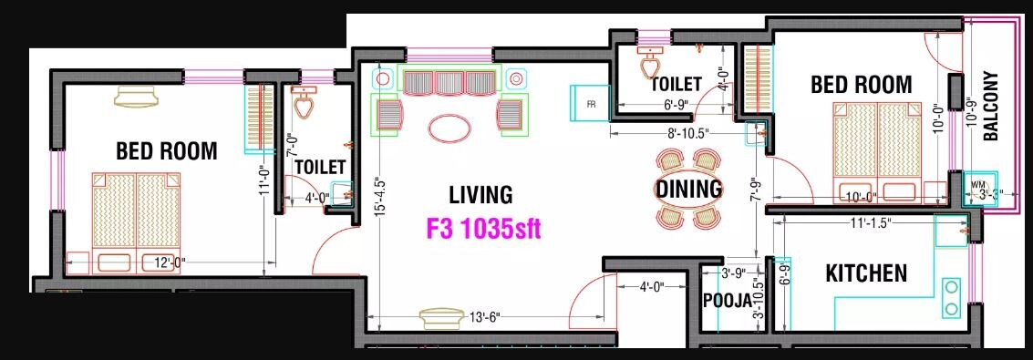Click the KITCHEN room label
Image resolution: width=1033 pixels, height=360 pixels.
click(865, 273)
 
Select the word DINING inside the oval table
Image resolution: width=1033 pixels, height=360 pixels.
click(688, 190)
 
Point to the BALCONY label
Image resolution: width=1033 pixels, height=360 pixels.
click(991, 106)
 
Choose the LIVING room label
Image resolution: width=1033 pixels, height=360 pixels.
click(480, 195)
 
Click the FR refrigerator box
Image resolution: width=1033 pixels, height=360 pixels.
click(591, 103)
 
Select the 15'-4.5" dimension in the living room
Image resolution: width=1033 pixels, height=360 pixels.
click(378, 210)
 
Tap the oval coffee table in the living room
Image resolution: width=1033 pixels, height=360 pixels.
click(451, 128)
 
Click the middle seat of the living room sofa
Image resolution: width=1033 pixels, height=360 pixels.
click(450, 83)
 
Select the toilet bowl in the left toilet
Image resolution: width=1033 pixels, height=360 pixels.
click(304, 104)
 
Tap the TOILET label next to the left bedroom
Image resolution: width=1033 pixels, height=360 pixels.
click(320, 167)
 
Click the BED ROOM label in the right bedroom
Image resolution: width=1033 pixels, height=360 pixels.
click(861, 84)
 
